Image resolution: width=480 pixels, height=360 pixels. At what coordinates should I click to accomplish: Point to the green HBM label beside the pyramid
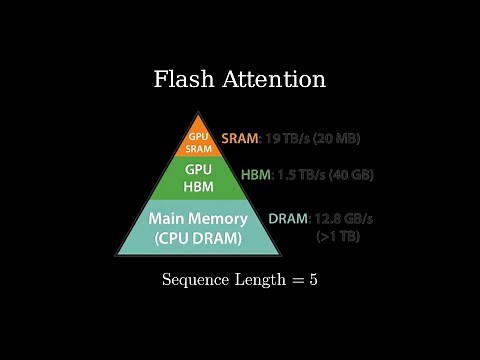[255, 174]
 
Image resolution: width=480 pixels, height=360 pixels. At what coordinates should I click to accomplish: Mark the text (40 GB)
[357, 174]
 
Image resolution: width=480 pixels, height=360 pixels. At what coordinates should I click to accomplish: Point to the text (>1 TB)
[339, 237]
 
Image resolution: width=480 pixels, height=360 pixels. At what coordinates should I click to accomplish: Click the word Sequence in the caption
[196, 280]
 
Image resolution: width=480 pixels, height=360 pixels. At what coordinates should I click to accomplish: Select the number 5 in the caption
[313, 279]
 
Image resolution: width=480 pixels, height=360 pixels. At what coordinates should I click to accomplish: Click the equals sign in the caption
[296, 279]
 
